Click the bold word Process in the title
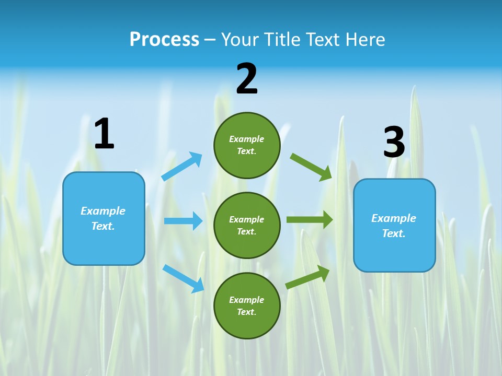[164, 40]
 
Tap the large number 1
[104, 134]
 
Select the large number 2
[247, 79]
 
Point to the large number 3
[394, 143]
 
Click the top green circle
[247, 145]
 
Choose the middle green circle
[247, 225]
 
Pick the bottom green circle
[247, 305]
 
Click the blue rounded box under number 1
[104, 218]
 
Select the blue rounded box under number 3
[394, 225]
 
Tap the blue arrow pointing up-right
[182, 167]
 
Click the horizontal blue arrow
[183, 221]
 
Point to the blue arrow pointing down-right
[183, 278]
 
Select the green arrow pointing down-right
[311, 167]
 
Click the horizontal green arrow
[310, 220]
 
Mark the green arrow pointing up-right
[307, 277]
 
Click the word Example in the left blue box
[103, 211]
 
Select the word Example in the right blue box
[394, 218]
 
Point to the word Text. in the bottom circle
[247, 312]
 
